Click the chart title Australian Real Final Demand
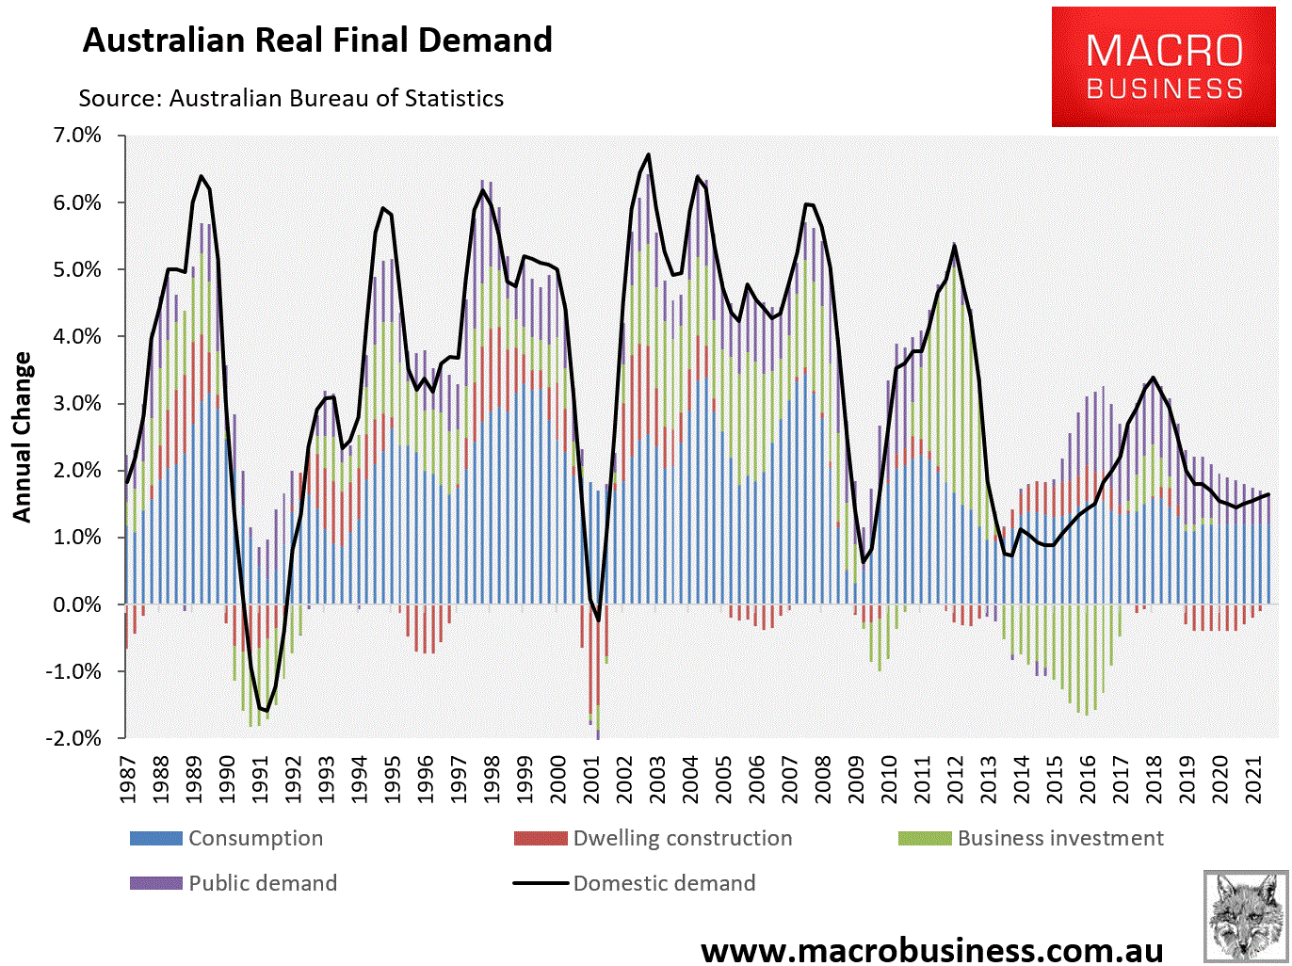[317, 40]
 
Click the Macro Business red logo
[1164, 66]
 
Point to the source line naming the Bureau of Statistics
[291, 98]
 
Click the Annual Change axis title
[23, 437]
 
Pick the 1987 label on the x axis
[129, 778]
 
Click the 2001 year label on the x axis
[592, 778]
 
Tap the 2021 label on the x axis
[1254, 778]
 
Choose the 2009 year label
[857, 778]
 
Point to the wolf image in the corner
[1245, 914]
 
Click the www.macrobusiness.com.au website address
[931, 949]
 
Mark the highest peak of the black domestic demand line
[649, 154]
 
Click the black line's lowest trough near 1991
[267, 711]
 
